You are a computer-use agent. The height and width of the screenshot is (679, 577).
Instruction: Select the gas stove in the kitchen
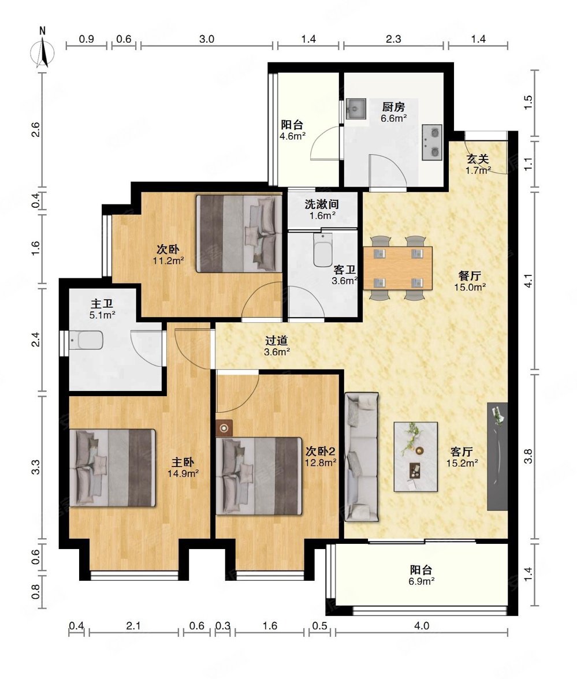pyautogui.click(x=432, y=143)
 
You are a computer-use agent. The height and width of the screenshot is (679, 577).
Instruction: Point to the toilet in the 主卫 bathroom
pyautogui.click(x=87, y=341)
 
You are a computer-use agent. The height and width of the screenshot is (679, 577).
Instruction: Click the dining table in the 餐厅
pyautogui.click(x=397, y=268)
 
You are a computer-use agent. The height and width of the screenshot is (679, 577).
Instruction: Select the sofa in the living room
pyautogui.click(x=362, y=457)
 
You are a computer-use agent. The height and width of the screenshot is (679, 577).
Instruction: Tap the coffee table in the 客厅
pyautogui.click(x=415, y=456)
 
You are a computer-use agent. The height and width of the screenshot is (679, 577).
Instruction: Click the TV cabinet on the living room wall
pyautogui.click(x=497, y=456)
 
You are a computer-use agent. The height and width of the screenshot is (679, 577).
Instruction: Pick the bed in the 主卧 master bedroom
pyautogui.click(x=113, y=468)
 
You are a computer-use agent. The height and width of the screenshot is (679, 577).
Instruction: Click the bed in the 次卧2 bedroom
pyautogui.click(x=259, y=476)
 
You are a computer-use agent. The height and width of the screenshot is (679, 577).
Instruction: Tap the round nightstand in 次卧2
pyautogui.click(x=224, y=428)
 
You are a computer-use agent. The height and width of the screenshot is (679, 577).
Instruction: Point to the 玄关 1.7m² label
pyautogui.click(x=478, y=165)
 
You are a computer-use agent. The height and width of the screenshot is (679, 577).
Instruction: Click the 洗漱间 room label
pyautogui.click(x=321, y=204)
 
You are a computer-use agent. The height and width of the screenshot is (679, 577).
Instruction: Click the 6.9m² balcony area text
pyautogui.click(x=422, y=581)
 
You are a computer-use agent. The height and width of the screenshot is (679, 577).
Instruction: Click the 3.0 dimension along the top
pyautogui.click(x=207, y=39)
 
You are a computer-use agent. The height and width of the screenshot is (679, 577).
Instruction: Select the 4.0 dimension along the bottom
pyautogui.click(x=422, y=626)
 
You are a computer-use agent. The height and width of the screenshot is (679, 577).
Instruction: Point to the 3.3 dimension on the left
pyautogui.click(x=36, y=467)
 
